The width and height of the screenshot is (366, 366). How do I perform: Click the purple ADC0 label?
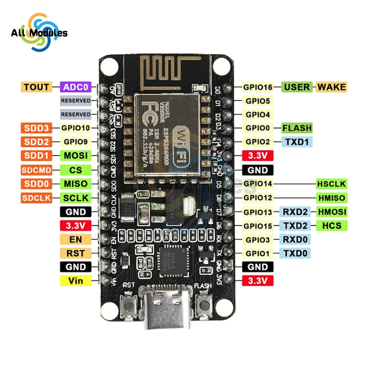(x=76, y=87)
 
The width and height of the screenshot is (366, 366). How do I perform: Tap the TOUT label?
(x=36, y=87)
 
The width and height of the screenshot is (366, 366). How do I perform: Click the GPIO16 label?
(x=258, y=87)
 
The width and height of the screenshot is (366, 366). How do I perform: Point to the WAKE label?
(x=331, y=87)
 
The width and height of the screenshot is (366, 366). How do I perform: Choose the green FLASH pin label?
(x=297, y=128)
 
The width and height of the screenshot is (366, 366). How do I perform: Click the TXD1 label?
(x=297, y=142)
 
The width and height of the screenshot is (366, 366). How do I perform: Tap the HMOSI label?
(x=332, y=212)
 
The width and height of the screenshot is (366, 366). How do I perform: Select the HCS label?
(x=332, y=225)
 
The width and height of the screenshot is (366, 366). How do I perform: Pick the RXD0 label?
(x=295, y=240)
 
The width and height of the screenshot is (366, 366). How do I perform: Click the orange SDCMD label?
(x=36, y=170)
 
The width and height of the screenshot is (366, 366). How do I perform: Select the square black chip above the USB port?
(x=172, y=259)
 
